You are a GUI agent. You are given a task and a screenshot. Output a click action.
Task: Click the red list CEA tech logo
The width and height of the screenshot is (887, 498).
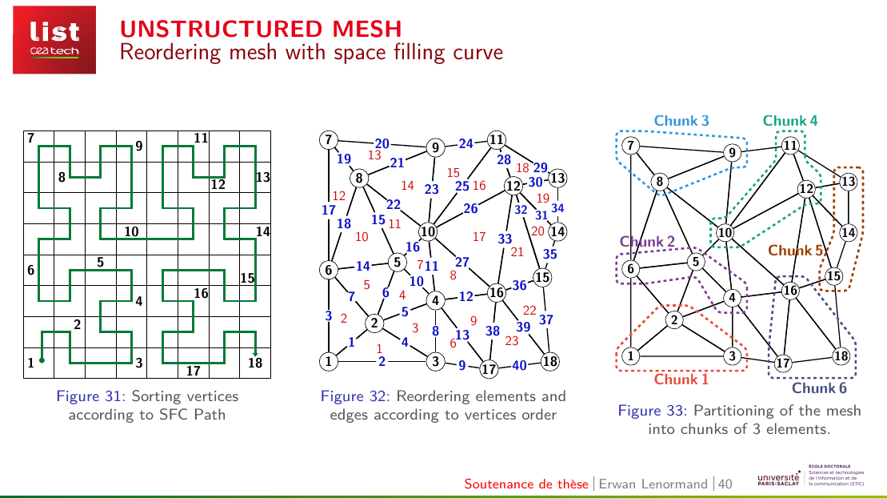(x=54, y=40)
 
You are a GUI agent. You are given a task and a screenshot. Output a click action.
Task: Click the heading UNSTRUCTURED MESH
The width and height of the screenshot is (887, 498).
(x=261, y=29)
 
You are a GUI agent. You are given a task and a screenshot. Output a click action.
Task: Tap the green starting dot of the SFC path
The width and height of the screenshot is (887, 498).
(x=42, y=359)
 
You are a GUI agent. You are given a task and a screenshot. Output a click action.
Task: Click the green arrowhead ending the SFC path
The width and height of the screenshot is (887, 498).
(x=255, y=353)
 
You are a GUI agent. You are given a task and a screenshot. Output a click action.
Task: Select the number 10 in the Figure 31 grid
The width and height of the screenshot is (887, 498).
(x=131, y=231)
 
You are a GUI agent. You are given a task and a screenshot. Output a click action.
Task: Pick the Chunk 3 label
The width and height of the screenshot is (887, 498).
(x=681, y=121)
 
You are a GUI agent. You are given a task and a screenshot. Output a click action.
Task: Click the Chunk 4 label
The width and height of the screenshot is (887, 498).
(x=789, y=121)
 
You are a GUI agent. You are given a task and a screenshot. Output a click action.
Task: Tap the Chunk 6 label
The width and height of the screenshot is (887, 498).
(x=818, y=388)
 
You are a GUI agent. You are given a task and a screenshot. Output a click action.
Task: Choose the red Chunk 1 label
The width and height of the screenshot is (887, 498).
(x=681, y=379)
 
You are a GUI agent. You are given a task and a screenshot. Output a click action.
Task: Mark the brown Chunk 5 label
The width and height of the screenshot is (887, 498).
(x=795, y=251)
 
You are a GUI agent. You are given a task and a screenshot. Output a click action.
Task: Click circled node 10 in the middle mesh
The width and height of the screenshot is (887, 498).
(x=428, y=231)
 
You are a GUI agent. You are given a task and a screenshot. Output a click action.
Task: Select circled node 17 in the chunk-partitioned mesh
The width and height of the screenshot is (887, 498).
(x=782, y=363)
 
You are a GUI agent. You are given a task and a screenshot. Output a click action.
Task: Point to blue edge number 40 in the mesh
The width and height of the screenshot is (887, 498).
(x=519, y=365)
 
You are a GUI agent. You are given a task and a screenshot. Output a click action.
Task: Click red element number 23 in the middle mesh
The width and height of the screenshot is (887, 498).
(x=511, y=340)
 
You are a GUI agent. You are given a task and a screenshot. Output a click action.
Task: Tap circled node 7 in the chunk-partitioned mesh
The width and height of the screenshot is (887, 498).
(x=631, y=146)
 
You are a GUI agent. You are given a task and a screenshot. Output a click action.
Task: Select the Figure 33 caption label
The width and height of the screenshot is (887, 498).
(x=652, y=410)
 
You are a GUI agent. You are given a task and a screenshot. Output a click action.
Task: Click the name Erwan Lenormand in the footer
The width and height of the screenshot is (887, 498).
(x=653, y=484)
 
